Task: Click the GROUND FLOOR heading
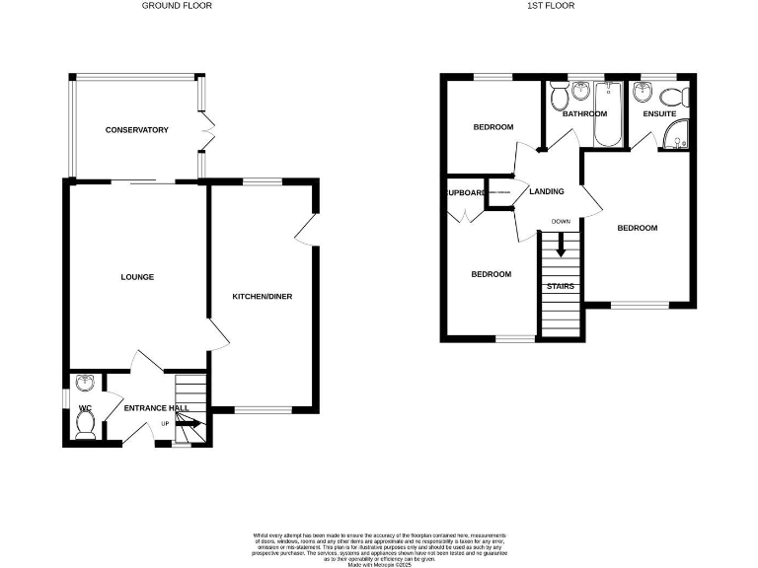(x=177, y=6)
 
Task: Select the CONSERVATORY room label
(x=137, y=130)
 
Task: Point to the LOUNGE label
(x=137, y=277)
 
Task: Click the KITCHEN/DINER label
(x=262, y=297)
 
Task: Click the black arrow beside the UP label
(x=191, y=425)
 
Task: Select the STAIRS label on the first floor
(x=561, y=287)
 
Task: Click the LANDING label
(x=547, y=191)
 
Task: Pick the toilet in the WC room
(x=86, y=425)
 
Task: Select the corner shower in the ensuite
(x=678, y=140)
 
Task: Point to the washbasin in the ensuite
(x=645, y=93)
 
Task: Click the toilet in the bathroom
(x=560, y=96)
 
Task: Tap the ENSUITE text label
(x=659, y=114)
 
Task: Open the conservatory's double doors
(x=208, y=133)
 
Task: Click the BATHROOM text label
(x=584, y=114)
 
